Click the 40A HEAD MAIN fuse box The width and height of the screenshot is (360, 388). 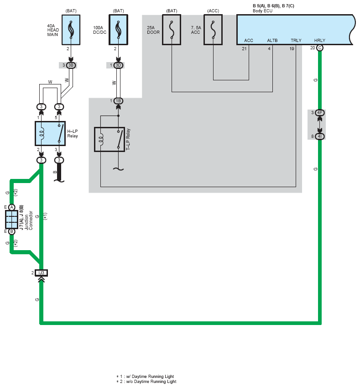(x=71, y=30)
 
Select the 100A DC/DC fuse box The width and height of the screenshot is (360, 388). (x=118, y=30)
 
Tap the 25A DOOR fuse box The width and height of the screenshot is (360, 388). (x=172, y=30)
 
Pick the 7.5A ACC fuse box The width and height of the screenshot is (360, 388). (x=213, y=30)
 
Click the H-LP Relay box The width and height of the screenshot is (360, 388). (x=50, y=133)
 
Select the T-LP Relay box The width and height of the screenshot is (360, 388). (x=109, y=139)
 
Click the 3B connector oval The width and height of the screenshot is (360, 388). (x=71, y=65)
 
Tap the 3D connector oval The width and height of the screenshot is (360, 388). (x=118, y=65)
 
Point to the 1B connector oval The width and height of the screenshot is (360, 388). (x=118, y=101)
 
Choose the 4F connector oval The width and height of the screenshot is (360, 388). (x=320, y=113)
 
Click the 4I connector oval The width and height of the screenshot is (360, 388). (x=320, y=136)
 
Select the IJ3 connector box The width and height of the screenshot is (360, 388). (x=41, y=273)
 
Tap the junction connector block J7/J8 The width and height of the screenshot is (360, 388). (x=12, y=219)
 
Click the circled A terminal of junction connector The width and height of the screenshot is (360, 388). (x=12, y=207)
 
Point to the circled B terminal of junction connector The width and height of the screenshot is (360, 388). (x=12, y=231)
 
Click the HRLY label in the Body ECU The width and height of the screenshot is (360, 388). (x=319, y=41)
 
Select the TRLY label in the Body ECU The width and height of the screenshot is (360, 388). (x=296, y=41)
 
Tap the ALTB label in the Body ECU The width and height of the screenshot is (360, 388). (x=272, y=41)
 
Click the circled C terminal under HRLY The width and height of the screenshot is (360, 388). (x=320, y=47)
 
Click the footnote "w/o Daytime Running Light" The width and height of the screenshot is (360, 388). (x=148, y=382)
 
